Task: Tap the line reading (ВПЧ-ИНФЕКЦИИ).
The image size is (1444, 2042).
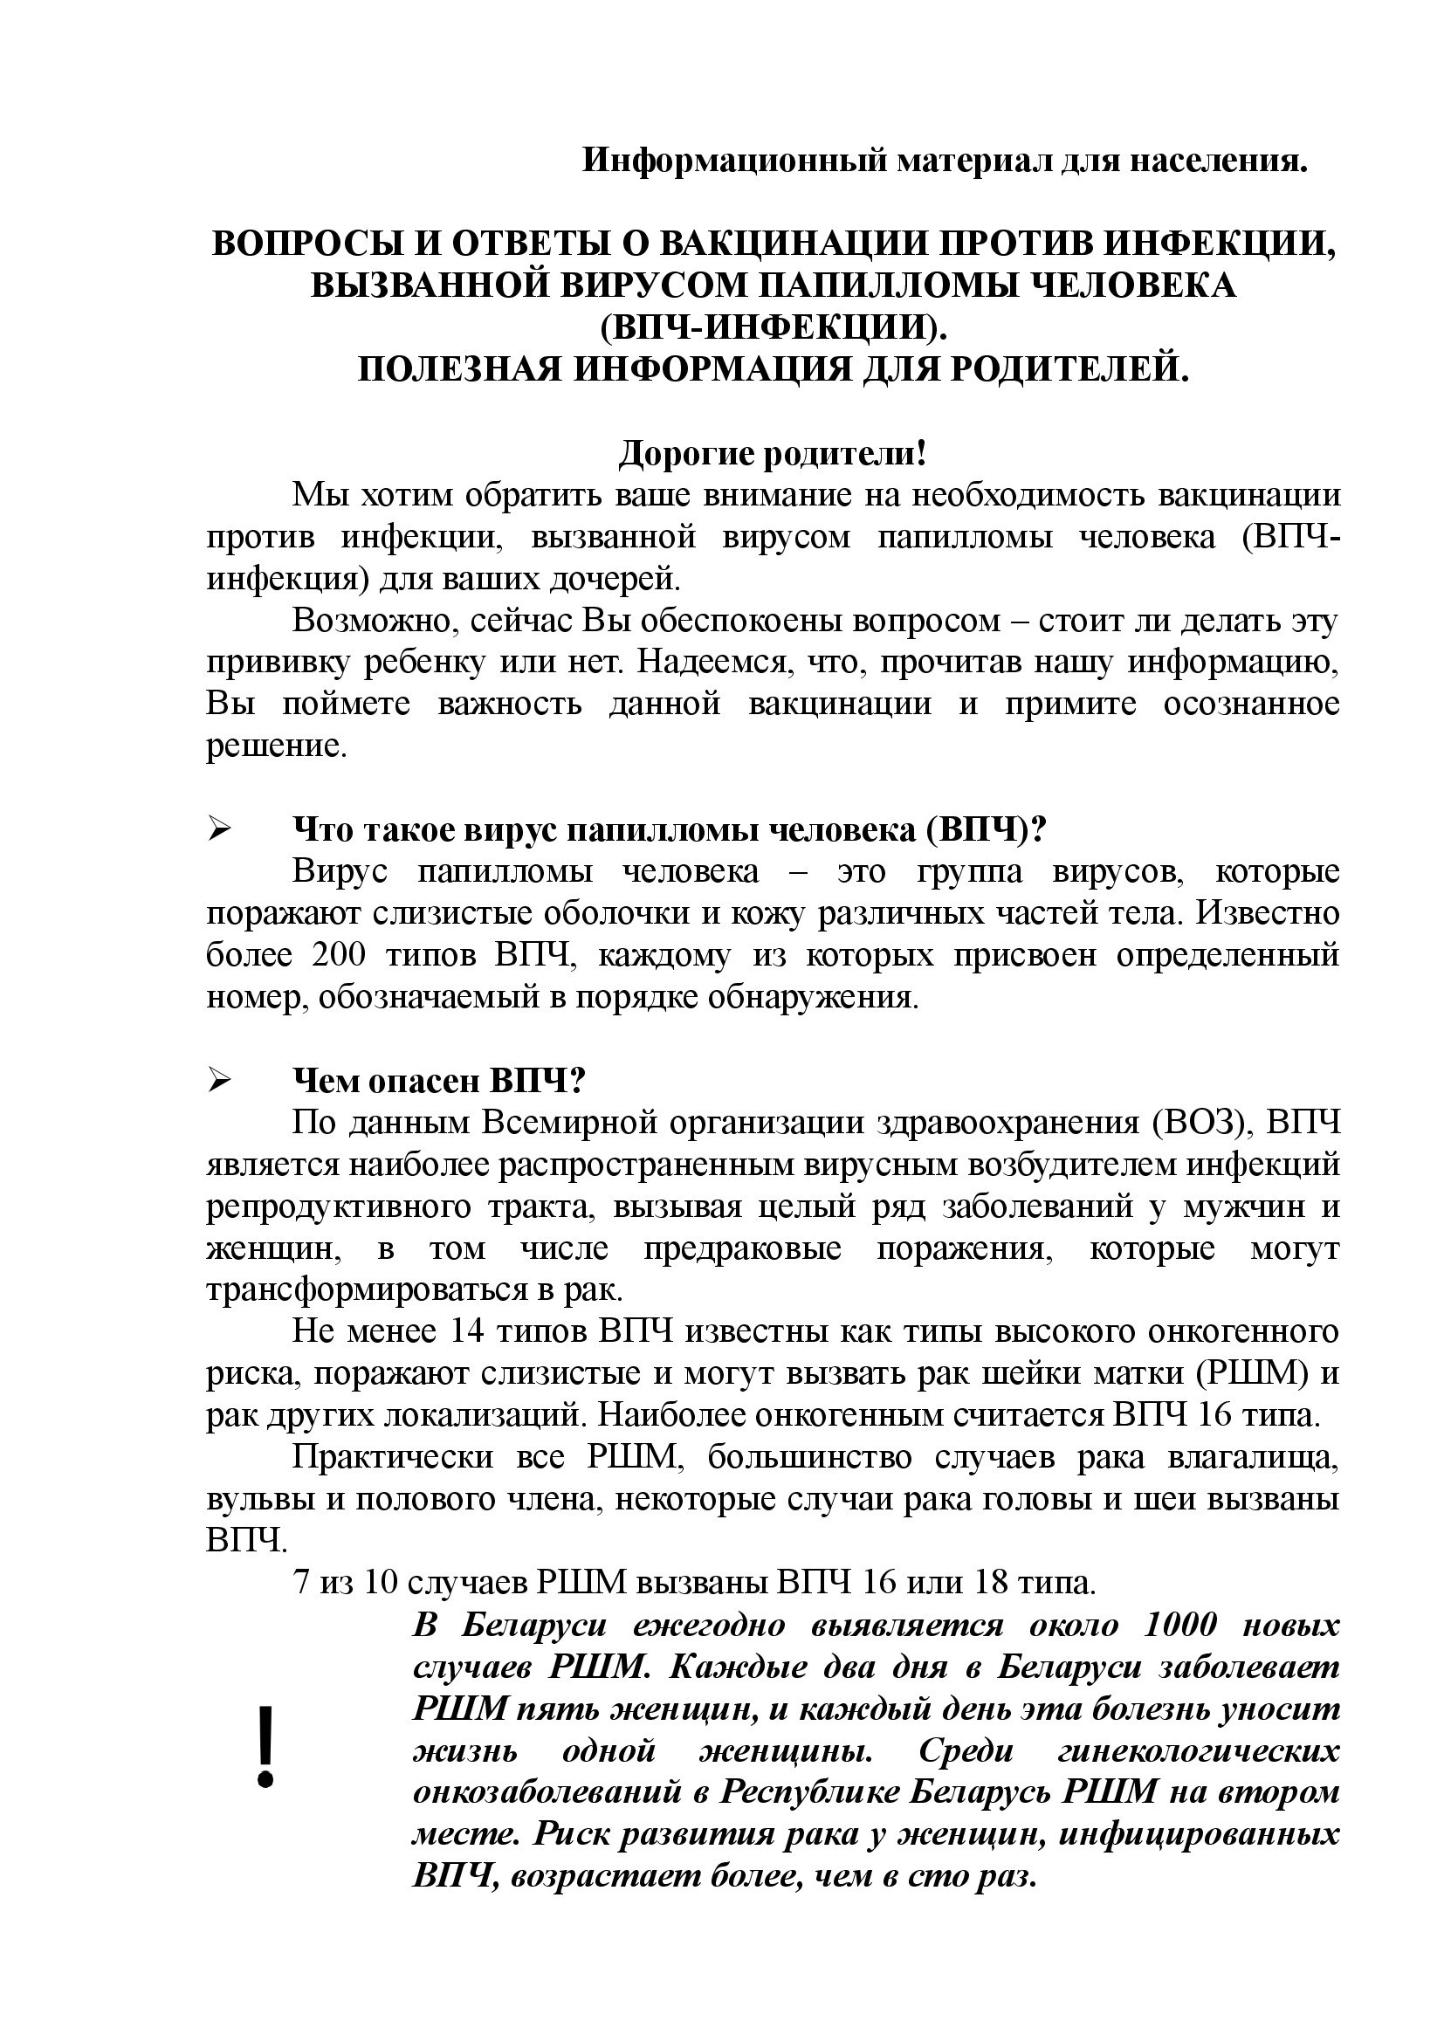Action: [774, 327]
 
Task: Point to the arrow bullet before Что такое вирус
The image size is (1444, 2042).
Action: [219, 829]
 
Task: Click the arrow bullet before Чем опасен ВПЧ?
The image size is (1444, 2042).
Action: [219, 1081]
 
